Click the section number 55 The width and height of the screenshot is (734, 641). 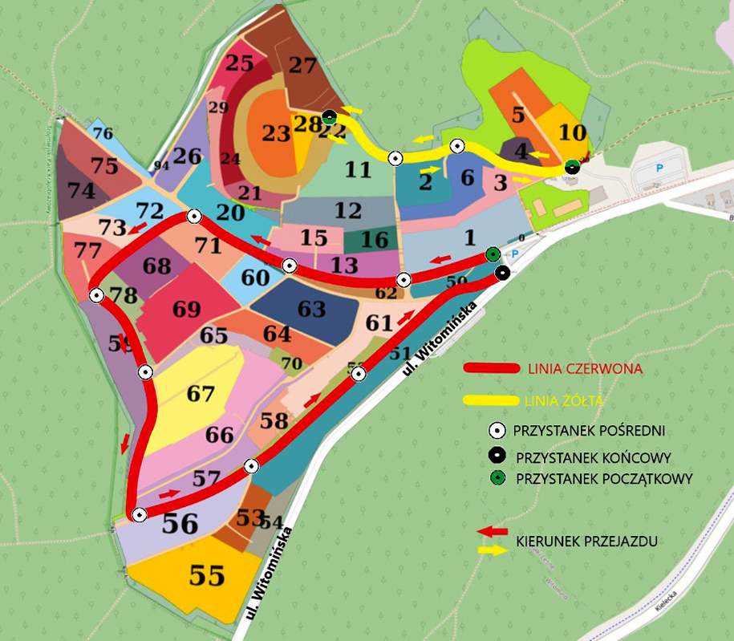pyautogui.click(x=206, y=575)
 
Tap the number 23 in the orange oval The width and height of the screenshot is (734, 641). pyautogui.click(x=275, y=133)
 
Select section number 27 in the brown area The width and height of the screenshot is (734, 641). pyautogui.click(x=302, y=65)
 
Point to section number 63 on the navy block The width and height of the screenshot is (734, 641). pyautogui.click(x=311, y=308)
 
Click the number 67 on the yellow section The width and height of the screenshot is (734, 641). pyautogui.click(x=201, y=394)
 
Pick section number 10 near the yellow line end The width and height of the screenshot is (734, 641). pyautogui.click(x=573, y=132)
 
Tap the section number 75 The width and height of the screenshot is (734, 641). pyautogui.click(x=104, y=166)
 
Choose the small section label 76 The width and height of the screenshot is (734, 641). pyautogui.click(x=103, y=133)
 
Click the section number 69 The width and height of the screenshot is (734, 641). pyautogui.click(x=186, y=309)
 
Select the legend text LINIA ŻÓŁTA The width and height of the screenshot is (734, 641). pyautogui.click(x=564, y=400)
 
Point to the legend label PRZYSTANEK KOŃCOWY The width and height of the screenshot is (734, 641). pyautogui.click(x=594, y=457)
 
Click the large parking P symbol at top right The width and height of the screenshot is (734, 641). pyautogui.click(x=659, y=168)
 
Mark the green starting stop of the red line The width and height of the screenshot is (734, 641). pyautogui.click(x=493, y=255)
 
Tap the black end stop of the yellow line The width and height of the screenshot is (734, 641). pyautogui.click(x=571, y=167)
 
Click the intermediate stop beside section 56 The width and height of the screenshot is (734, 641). pyautogui.click(x=140, y=514)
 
